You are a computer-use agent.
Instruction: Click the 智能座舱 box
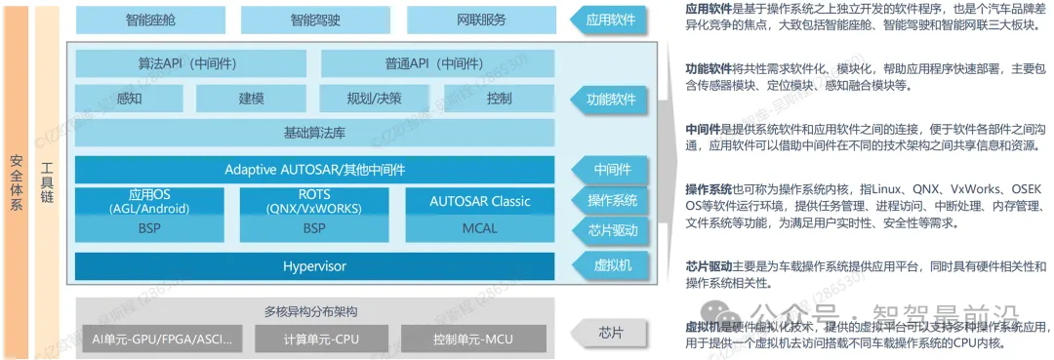(151, 19)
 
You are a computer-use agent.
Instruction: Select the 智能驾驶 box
(316, 19)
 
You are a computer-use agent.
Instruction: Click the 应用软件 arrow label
(610, 19)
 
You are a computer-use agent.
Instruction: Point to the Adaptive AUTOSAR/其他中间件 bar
(314, 169)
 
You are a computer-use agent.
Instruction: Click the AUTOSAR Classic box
(480, 201)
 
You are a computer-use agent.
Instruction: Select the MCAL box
(480, 229)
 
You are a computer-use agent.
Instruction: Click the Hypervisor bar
(314, 265)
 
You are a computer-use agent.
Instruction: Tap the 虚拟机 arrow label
(610, 265)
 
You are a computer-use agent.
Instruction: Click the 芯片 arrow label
(610, 332)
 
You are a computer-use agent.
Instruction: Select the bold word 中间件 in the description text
(703, 129)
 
